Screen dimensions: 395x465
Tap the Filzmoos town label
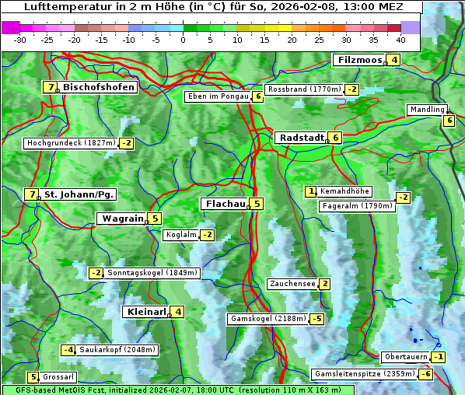pyautogui.click(x=359, y=60)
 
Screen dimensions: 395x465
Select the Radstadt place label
pyautogui.click(x=299, y=138)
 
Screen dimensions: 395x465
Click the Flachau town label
pyautogui.click(x=224, y=204)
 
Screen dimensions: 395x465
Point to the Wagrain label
pyautogui.click(x=122, y=218)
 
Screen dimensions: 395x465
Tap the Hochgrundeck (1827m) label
pyautogui.click(x=71, y=143)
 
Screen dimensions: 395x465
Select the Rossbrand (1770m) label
pyautogui.click(x=304, y=89)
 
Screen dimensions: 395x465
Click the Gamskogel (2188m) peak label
pyautogui.click(x=267, y=319)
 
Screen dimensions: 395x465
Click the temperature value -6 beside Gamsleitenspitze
pyautogui.click(x=425, y=374)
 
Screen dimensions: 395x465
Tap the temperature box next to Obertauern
pyautogui.click(x=439, y=357)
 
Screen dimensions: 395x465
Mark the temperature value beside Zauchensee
pyautogui.click(x=324, y=284)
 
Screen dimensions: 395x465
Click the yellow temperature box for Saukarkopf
pyautogui.click(x=68, y=350)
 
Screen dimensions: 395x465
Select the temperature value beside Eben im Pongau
pyautogui.click(x=257, y=96)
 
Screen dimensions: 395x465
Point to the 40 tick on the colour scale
pyautogui.click(x=400, y=40)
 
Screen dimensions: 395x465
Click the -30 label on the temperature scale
pyautogui.click(x=20, y=40)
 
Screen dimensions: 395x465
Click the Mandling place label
pyautogui.click(x=426, y=110)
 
